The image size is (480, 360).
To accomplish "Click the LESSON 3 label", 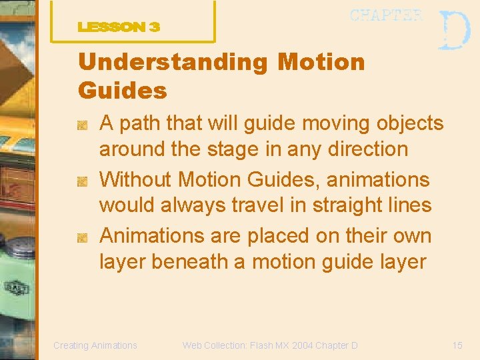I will [119, 27].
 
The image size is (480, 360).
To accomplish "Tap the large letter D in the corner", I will [454, 30].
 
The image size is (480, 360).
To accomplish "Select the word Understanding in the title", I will [173, 62].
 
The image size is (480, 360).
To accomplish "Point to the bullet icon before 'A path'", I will [83, 125].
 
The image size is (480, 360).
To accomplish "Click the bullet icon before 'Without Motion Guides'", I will [83, 181].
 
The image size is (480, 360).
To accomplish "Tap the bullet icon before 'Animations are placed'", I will [83, 237].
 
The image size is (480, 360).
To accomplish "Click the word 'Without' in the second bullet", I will [135, 179].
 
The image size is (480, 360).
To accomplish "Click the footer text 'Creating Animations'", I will [95, 345].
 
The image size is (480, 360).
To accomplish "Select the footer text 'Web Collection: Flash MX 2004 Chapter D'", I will [270, 345].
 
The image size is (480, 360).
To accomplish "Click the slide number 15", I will [457, 345].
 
